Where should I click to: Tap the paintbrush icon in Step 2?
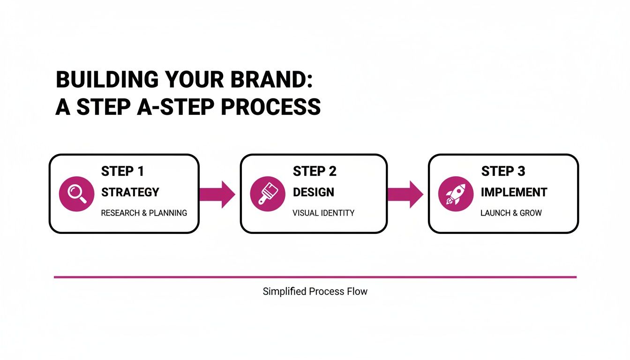tap(267, 194)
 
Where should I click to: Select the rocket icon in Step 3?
tap(455, 194)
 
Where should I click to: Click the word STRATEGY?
tap(130, 192)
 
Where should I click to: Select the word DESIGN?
tap(314, 192)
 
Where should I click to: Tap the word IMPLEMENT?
tap(514, 192)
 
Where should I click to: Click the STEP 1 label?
tap(122, 172)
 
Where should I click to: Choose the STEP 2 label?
tap(315, 172)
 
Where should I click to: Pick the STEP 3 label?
tap(503, 172)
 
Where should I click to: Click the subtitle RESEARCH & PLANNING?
tap(144, 213)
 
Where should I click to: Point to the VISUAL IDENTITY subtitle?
tap(323, 213)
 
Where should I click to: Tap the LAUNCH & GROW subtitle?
tap(511, 213)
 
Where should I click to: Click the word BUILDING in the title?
tap(107, 80)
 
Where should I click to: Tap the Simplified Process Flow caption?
tap(315, 292)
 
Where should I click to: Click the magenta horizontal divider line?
tap(315, 277)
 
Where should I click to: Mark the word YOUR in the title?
tap(196, 80)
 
